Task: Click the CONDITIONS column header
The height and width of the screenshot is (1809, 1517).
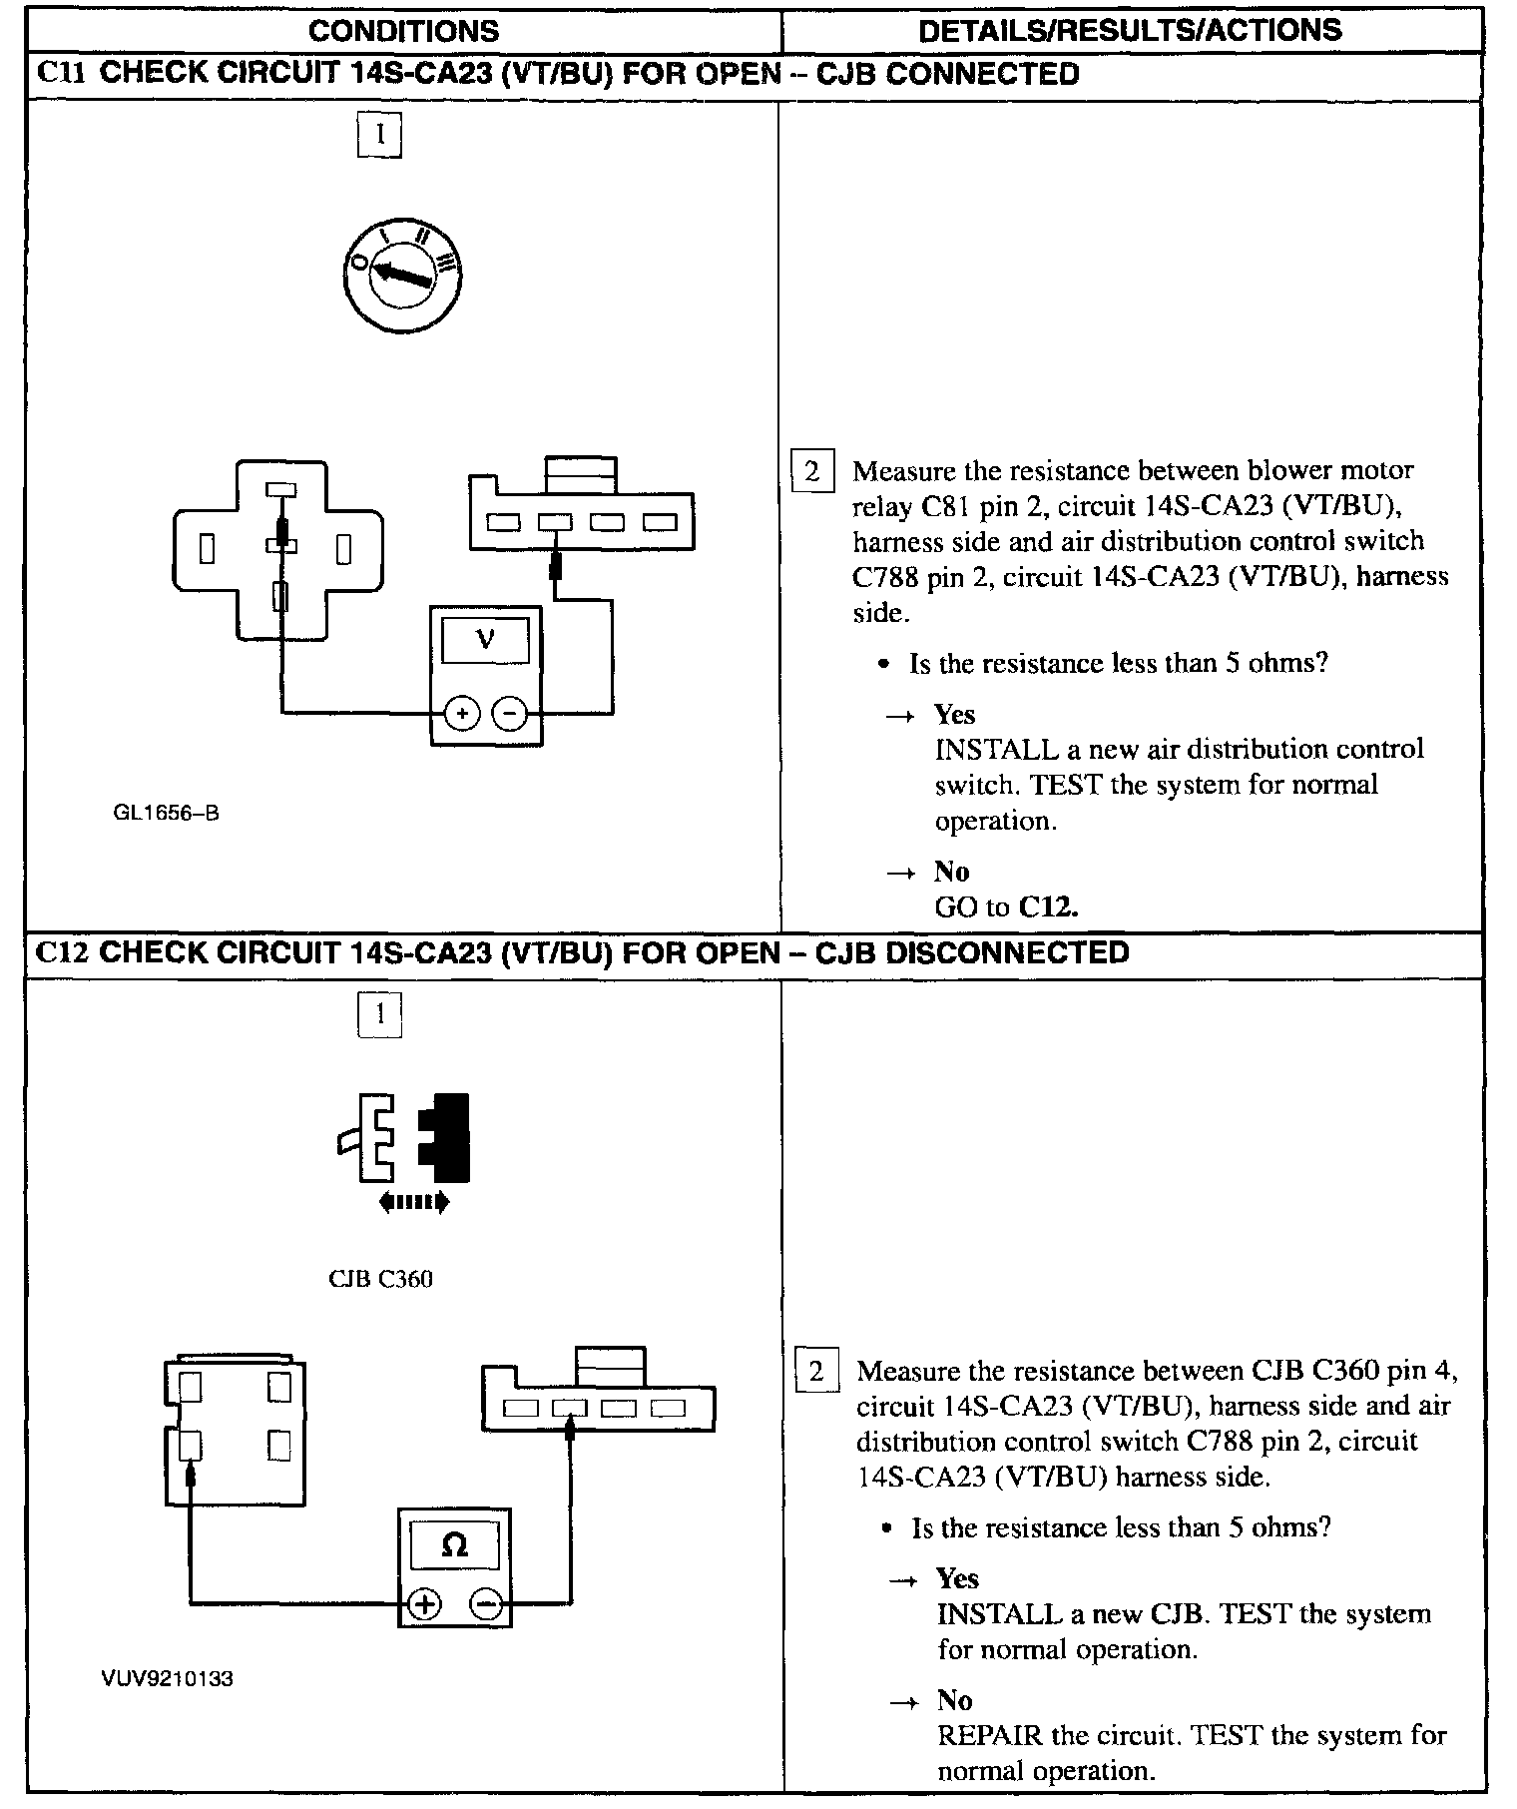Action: pos(403,30)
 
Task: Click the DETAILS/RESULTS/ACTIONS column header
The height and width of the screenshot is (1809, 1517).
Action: pos(1130,30)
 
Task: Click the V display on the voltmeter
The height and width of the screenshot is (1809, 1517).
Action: pos(485,638)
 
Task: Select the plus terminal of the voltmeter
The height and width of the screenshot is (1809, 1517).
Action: pos(461,713)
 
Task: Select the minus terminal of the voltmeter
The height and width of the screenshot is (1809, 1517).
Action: pos(510,713)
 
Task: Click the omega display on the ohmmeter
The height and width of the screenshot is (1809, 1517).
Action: pos(454,1544)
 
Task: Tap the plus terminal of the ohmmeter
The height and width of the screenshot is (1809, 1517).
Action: pos(424,1604)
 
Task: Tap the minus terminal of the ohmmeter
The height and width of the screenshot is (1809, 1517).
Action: pos(486,1604)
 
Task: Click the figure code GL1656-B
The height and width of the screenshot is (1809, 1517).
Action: pos(166,813)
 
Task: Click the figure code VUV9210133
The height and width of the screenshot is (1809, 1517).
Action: pos(167,1679)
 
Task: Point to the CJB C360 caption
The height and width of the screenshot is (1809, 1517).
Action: pos(380,1279)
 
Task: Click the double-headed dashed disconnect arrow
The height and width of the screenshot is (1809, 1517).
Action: pos(414,1203)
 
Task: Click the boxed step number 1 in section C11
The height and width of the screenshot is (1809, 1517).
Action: pos(379,136)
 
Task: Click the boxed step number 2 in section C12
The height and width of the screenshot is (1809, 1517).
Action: pos(815,1371)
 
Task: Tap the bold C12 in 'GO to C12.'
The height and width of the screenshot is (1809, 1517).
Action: pos(1048,907)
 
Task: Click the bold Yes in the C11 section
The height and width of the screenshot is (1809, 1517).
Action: pos(954,714)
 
